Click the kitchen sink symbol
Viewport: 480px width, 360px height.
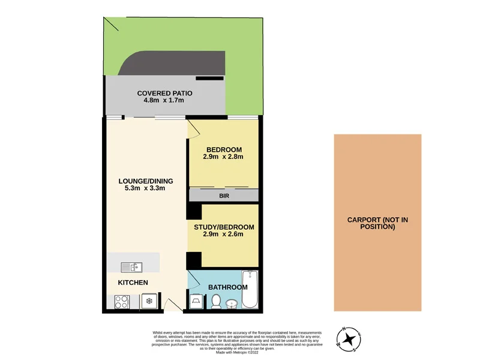pos(130,267)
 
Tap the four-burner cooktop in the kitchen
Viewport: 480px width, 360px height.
pos(121,302)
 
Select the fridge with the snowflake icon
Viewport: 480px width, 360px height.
pos(149,301)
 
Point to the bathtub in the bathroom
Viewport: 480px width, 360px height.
pos(249,290)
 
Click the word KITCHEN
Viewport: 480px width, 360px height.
pos(133,283)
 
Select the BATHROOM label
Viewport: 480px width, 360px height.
pos(227,287)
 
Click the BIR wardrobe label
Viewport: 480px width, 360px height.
pos(224,196)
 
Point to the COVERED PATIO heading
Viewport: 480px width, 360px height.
pos(164,93)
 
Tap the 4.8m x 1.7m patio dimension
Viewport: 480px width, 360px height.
pos(164,100)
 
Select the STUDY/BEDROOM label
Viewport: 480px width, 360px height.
pos(224,227)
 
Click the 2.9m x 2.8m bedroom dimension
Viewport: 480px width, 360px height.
pos(224,157)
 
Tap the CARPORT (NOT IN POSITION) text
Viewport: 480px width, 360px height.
pos(377,223)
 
